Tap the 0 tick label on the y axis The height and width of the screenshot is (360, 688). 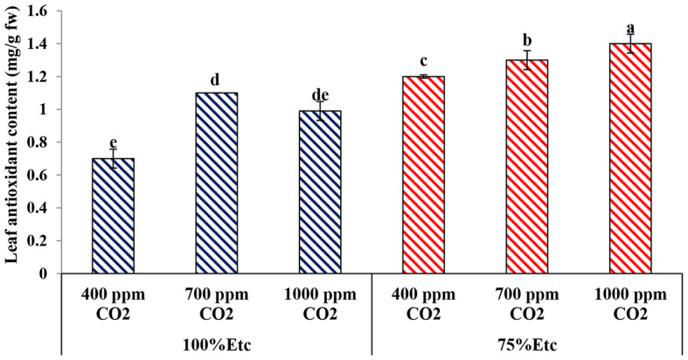tap(44, 273)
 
